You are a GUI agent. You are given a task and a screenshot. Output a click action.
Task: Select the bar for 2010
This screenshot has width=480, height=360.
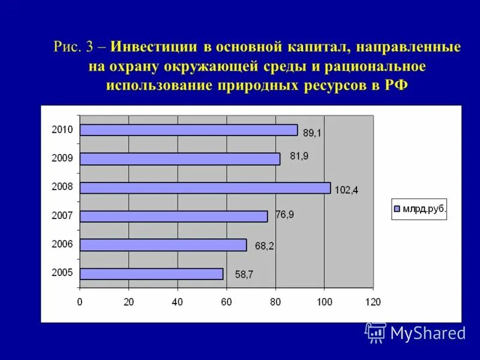(x=188, y=130)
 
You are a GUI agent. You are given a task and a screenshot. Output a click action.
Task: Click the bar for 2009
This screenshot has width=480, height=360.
(x=180, y=159)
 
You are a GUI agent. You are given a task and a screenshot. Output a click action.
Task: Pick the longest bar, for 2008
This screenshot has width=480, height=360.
(x=205, y=188)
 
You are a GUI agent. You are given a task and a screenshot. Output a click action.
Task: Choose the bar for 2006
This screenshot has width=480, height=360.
(x=163, y=245)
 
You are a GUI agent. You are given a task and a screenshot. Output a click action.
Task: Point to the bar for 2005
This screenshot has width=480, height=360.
(x=151, y=274)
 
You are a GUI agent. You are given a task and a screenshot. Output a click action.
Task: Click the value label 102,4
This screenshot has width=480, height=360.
(x=346, y=190)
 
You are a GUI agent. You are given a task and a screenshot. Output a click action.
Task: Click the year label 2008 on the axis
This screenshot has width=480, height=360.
(x=62, y=187)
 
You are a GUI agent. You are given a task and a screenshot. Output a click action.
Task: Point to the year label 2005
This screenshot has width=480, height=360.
(x=62, y=272)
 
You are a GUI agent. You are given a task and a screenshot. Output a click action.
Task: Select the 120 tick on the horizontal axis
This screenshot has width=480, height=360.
(x=373, y=302)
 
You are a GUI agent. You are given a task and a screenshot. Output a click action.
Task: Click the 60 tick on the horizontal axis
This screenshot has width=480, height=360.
(x=226, y=302)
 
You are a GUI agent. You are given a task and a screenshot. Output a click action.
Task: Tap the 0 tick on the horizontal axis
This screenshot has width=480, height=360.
(x=80, y=302)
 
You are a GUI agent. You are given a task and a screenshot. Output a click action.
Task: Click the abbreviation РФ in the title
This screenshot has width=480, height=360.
(x=394, y=85)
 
